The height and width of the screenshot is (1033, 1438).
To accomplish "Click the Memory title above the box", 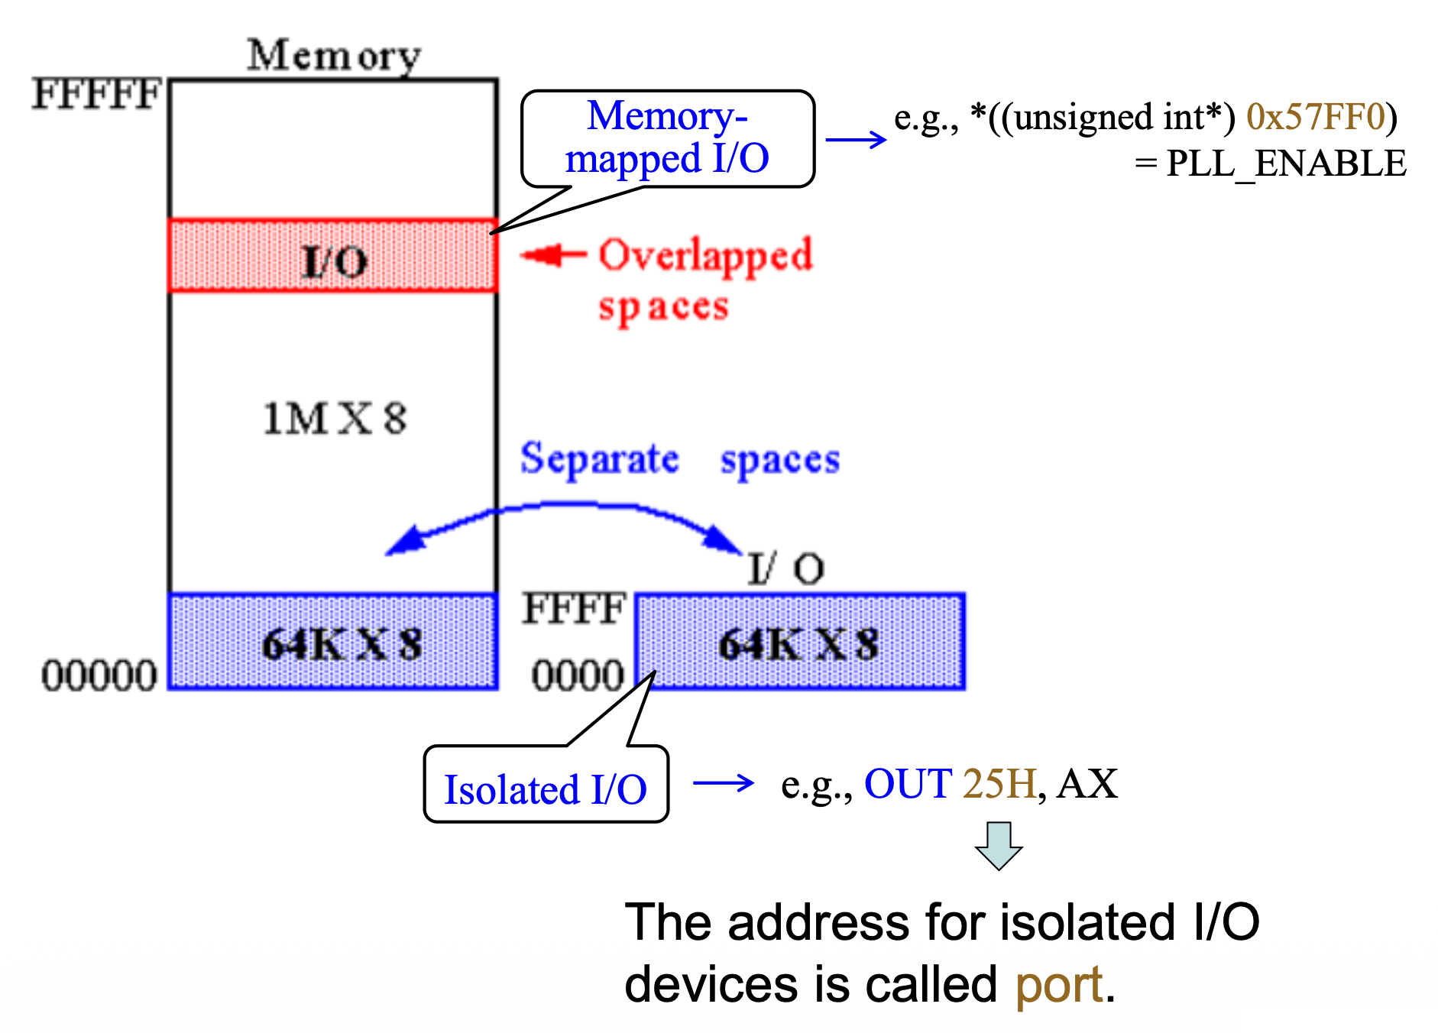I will (334, 55).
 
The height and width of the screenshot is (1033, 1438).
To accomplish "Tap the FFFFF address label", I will (96, 95).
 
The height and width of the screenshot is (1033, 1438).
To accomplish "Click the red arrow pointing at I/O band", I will (552, 255).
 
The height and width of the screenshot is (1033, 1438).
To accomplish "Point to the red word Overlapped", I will (704, 255).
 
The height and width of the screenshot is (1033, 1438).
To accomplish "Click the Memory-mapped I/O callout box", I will (667, 138).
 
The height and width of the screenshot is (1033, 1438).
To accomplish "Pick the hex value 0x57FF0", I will (1315, 117).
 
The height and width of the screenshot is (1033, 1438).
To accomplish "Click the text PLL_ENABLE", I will (1285, 164).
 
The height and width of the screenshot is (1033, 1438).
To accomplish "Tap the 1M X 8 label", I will (335, 419).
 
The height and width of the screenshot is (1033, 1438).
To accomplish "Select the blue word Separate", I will (599, 459).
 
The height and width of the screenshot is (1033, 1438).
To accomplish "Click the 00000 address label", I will (99, 676).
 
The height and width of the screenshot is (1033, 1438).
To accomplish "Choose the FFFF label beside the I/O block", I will (574, 610).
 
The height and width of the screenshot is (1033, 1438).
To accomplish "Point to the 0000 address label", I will (578, 676).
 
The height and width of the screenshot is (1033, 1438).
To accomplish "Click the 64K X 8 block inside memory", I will (333, 643).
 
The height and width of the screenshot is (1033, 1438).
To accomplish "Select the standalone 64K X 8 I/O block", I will (799, 643).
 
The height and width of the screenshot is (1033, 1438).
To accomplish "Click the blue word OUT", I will (908, 784).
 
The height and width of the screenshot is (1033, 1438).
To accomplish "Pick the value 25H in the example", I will (999, 784).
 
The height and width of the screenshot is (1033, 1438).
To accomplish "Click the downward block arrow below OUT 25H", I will (998, 846).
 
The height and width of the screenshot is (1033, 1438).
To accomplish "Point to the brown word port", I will (1058, 984).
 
